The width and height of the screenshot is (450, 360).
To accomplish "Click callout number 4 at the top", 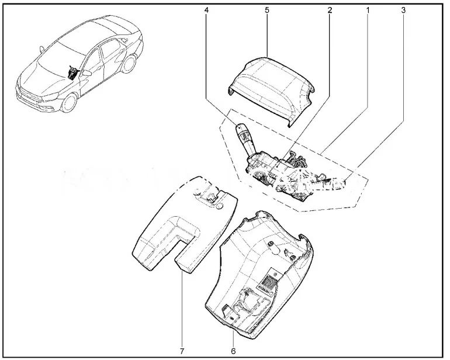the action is click(x=206, y=10).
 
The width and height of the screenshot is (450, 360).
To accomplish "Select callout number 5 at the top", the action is click(x=267, y=10).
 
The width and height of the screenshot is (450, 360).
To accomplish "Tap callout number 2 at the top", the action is click(x=330, y=10).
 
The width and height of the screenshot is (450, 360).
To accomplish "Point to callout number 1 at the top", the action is click(x=368, y=10).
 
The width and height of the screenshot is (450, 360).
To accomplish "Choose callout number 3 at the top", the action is click(x=403, y=10).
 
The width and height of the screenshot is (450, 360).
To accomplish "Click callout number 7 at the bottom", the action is click(x=182, y=351).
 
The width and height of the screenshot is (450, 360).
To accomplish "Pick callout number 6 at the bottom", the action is click(x=233, y=351).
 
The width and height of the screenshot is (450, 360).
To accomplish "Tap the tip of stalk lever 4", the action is click(x=240, y=126).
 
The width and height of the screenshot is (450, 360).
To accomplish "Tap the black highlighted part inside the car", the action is click(x=72, y=72).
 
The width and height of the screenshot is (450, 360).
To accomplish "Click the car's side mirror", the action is click(x=86, y=73).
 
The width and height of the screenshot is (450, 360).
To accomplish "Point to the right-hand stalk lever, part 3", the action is click(x=330, y=183).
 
